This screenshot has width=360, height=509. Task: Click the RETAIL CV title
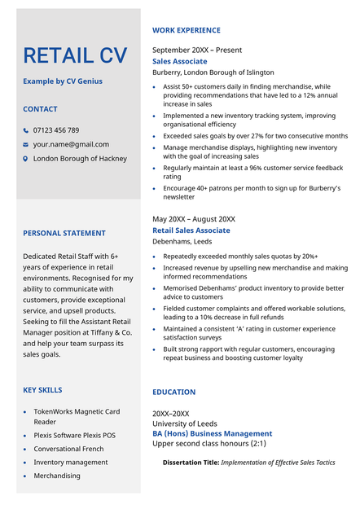pos(75,55)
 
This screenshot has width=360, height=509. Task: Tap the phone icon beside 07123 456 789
pos(25,130)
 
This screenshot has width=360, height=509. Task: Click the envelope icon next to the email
pos(25,145)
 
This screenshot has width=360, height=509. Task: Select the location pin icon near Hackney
pos(25,159)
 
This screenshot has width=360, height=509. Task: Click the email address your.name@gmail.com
pos(71,144)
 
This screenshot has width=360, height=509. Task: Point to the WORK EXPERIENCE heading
pos(186,30)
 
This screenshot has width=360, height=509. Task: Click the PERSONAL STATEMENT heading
pos(64,233)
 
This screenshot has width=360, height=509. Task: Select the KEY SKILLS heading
pos(42,390)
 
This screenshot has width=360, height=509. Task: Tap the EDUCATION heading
pos(173,392)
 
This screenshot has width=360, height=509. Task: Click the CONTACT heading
pos(40,109)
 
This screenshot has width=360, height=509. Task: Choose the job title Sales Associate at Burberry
pos(179,61)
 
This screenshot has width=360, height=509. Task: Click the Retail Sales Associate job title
pos(191,230)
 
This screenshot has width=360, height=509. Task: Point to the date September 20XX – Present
pos(197,50)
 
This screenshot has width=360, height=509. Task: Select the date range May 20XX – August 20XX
pos(194,219)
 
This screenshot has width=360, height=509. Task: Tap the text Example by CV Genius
pos(63,81)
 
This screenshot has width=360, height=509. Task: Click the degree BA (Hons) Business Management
pos(212,434)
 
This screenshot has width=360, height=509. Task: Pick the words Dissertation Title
pos(191,462)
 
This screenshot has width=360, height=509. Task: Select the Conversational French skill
pos(68,449)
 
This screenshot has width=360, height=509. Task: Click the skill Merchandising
pos(57,476)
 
